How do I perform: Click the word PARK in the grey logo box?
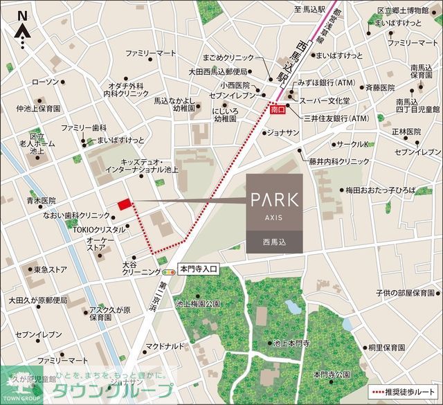click(x=274, y=199)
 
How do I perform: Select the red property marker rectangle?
click(x=124, y=204)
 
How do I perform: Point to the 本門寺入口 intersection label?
click(x=199, y=269)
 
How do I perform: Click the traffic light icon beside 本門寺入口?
click(x=169, y=273)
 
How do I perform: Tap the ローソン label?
click(x=46, y=82)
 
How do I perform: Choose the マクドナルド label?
click(x=164, y=345)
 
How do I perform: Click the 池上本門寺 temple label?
click(x=291, y=343)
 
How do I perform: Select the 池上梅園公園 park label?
click(x=198, y=303)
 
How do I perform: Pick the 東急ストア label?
click(x=51, y=269)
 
